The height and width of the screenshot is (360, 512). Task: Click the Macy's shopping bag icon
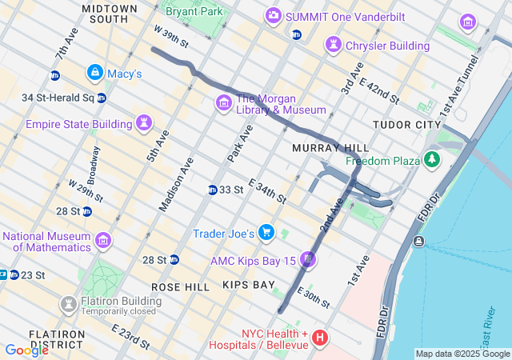coord(95,73)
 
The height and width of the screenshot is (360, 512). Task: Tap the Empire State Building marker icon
coord(144,123)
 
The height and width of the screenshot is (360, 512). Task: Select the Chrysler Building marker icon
coord(333,45)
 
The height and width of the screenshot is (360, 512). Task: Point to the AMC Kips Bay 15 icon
coord(309,260)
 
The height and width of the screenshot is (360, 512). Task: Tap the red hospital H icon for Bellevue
coord(320,338)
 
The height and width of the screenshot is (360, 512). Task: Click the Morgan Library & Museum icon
coord(223,102)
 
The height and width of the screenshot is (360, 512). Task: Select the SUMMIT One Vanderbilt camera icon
coord(274,15)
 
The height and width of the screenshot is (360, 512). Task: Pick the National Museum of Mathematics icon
coord(103,240)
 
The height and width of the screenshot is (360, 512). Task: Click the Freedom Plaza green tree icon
coord(432,160)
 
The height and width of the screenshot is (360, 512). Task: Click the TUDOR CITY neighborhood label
coord(406,126)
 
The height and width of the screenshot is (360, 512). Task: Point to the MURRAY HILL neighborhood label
coord(330,148)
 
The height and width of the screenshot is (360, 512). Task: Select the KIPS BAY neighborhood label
coord(248,286)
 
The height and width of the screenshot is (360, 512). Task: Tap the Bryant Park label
coord(193,13)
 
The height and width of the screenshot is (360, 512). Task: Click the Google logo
coord(26,350)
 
